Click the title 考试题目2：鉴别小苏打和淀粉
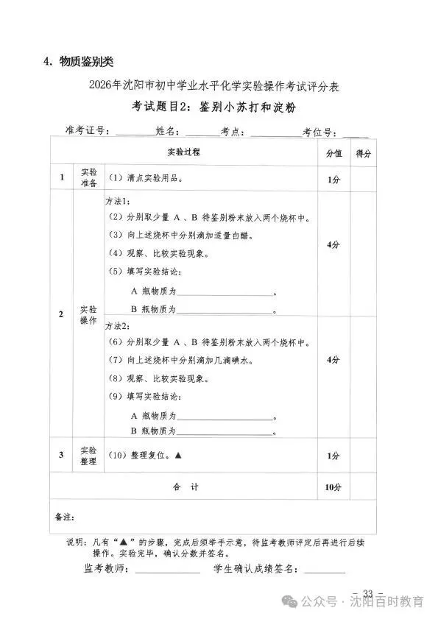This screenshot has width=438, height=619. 218,108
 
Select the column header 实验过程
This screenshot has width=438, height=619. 183,152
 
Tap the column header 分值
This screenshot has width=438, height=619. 333,154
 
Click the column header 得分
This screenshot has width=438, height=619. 363,154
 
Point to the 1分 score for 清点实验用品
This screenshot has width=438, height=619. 333,179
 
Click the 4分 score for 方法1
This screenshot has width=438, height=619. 333,245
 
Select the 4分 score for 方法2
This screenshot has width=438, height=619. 333,360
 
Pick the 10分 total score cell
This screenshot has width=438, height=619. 333,487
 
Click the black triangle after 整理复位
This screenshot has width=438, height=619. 178,456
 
